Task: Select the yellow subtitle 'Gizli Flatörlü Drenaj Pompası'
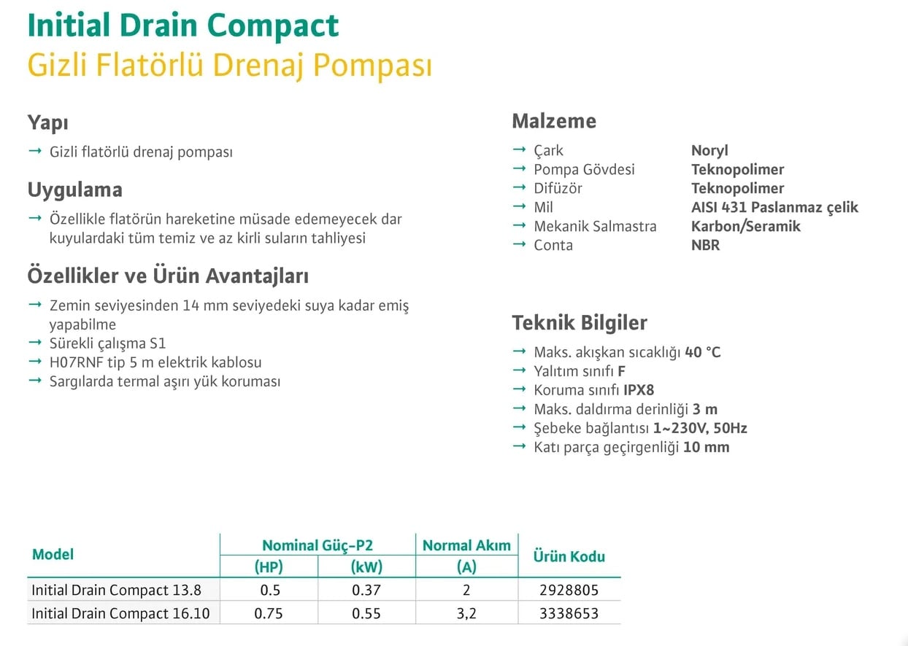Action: pos(230,65)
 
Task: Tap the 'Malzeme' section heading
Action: pos(554,121)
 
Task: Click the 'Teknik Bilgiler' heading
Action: pos(580,323)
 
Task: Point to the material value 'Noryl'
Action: pos(709,151)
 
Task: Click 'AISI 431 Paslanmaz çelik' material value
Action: pos(774,207)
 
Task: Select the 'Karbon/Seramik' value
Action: pos(746,226)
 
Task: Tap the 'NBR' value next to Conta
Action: pos(706,245)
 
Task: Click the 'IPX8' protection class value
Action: pos(639,390)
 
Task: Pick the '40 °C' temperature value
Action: pos(703,352)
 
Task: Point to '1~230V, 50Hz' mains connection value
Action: pos(700,428)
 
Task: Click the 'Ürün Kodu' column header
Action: pos(569,556)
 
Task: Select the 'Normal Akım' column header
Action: pos(466,545)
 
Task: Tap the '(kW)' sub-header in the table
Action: pos(366,567)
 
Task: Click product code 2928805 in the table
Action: pos(569,590)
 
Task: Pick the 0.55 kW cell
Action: pos(366,614)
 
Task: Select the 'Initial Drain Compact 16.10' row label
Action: pos(120,614)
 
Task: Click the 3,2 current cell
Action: pos(466,614)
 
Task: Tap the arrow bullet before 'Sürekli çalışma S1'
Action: pos(35,343)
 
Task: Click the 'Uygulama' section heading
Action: pos(75,190)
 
